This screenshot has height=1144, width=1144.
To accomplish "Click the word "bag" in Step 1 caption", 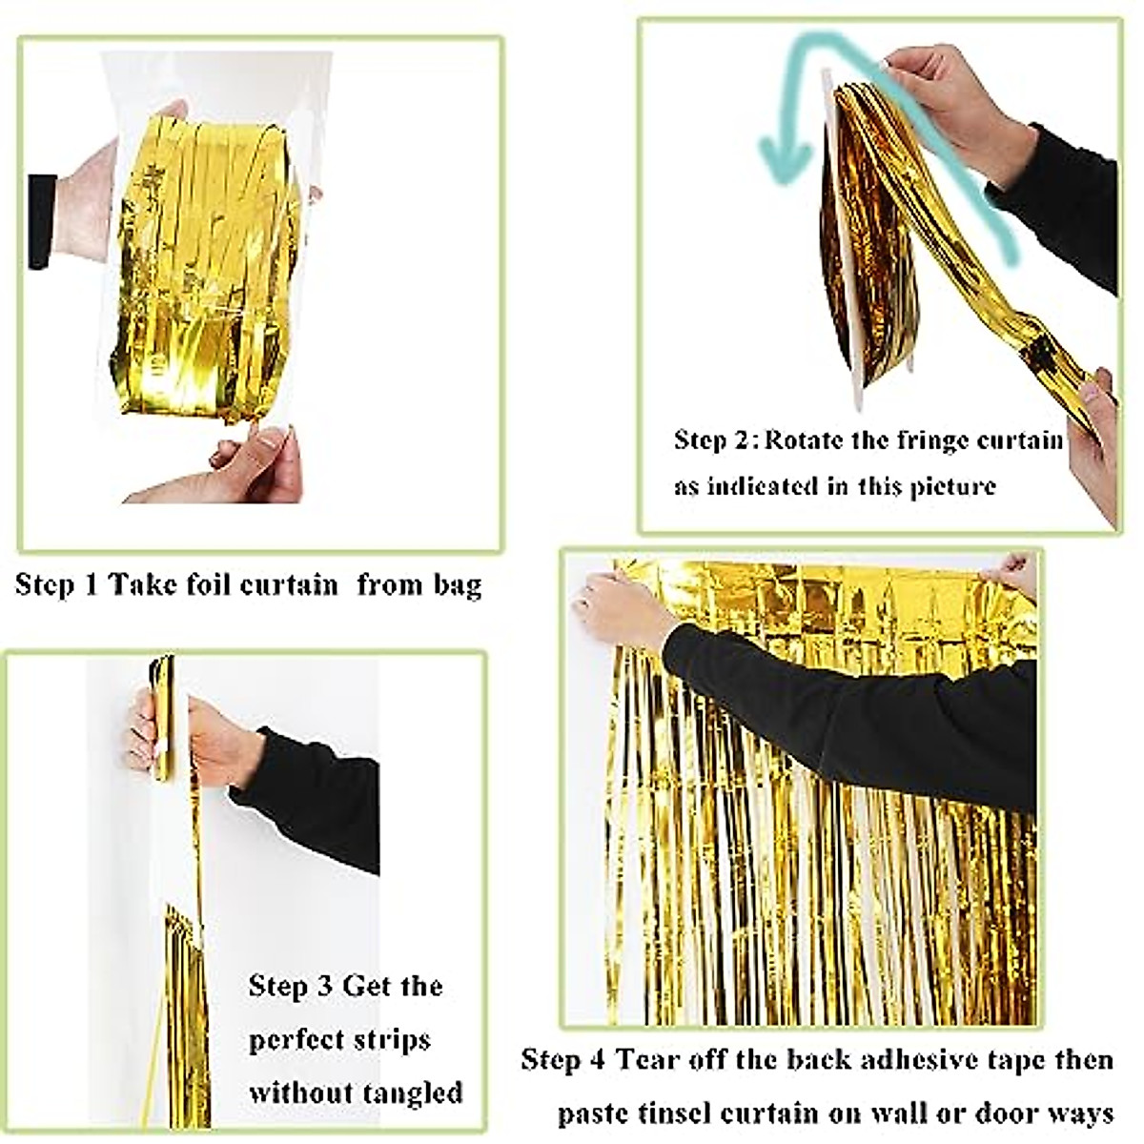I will pyautogui.click(x=457, y=584).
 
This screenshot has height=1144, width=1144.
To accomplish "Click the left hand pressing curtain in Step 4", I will pyautogui.click(x=615, y=605).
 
